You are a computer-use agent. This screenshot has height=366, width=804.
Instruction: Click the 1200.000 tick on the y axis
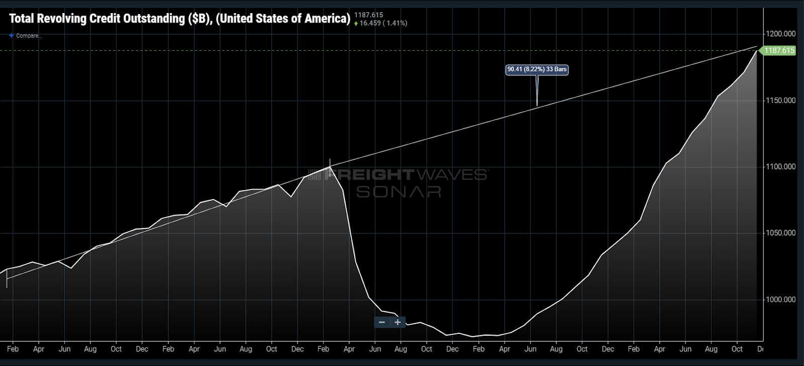coord(780,34)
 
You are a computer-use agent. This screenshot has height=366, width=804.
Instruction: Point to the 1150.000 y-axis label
coord(780,101)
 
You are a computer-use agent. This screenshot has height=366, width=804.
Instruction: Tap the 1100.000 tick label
coord(780,167)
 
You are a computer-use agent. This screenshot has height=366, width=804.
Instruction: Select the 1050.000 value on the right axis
coord(780,233)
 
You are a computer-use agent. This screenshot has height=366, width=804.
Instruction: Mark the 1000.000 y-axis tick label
coord(780,300)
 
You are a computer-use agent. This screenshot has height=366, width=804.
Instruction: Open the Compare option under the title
coord(26,36)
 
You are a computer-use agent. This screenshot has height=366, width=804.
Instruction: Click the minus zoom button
coord(382,322)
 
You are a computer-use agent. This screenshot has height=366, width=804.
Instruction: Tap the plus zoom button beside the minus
coord(397,322)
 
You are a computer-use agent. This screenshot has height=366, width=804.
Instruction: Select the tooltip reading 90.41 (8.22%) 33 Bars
coord(537,69)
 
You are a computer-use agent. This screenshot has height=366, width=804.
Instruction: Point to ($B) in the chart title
coord(200,19)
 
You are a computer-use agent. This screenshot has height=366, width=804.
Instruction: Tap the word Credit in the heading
coord(105,19)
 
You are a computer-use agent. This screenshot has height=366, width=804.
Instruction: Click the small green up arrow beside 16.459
coord(356,24)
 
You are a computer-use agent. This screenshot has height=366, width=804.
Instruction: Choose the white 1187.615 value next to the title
coord(368,15)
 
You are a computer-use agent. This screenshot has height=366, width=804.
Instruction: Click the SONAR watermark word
coord(398,192)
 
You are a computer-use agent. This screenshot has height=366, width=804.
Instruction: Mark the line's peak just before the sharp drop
coord(330,166)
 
